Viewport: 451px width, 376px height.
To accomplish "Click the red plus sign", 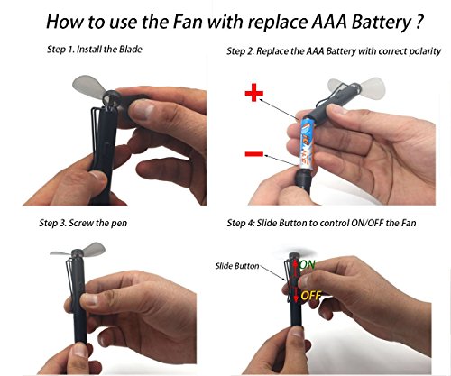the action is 254,92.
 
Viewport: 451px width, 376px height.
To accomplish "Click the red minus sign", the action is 254,154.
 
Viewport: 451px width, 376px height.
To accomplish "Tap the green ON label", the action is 308,264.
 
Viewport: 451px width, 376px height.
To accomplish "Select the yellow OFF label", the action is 311,296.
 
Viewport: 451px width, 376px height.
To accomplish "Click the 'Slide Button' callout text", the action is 237,266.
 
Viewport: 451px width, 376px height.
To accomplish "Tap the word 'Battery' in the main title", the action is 381,23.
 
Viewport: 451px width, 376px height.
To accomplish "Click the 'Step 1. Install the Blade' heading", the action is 95,49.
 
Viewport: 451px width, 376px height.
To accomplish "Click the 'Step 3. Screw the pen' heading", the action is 83,223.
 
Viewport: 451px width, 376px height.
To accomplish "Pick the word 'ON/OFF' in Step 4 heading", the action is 367,223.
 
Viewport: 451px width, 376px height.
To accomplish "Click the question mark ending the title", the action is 419,22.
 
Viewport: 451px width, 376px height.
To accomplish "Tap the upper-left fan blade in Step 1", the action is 88,87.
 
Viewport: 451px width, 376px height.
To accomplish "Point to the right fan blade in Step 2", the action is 373,87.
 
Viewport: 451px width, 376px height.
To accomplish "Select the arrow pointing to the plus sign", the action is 279,109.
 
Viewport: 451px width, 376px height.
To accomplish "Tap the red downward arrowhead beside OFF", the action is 296,298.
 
